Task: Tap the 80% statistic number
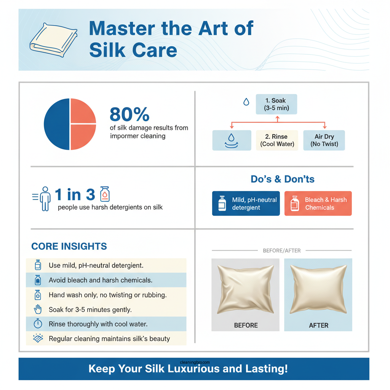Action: (x=129, y=114)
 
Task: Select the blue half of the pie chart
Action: (x=56, y=124)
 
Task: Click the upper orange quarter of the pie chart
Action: (x=83, y=111)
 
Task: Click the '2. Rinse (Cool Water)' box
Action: (x=277, y=140)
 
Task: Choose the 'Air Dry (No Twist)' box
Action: (x=324, y=140)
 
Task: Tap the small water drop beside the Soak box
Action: (x=246, y=102)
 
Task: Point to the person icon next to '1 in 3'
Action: (x=45, y=198)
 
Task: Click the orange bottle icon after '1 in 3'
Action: (x=105, y=194)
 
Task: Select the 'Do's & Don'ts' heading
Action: (x=283, y=179)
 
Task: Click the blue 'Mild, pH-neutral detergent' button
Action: (x=246, y=204)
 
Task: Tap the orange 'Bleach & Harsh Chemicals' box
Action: (x=318, y=204)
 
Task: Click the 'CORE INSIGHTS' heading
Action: (x=69, y=246)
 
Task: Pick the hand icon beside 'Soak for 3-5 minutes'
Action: (x=38, y=309)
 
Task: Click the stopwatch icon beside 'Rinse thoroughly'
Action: (x=38, y=324)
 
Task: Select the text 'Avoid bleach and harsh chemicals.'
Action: (x=101, y=280)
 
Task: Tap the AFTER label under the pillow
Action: (x=318, y=325)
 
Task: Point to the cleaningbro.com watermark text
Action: (x=195, y=363)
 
